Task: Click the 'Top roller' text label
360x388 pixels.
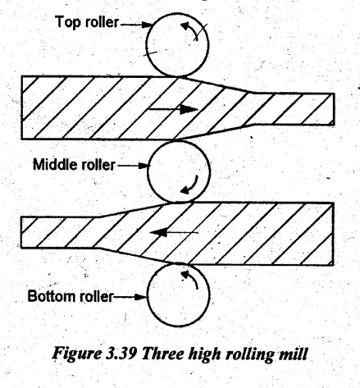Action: click(x=87, y=22)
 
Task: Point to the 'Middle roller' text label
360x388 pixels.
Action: click(x=74, y=165)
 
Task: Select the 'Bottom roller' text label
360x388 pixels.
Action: click(x=71, y=296)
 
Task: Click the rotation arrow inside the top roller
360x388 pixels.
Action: click(x=190, y=30)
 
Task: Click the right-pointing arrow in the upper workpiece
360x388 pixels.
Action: click(x=172, y=109)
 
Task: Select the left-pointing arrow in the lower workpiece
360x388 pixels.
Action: click(x=174, y=233)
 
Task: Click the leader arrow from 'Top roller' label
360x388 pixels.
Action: click(x=136, y=25)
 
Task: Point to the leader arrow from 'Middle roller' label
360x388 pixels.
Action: click(x=133, y=166)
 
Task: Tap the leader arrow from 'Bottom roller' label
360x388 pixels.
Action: click(x=130, y=297)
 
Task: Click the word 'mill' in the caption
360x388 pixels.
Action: click(x=294, y=354)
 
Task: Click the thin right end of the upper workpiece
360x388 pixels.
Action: click(x=334, y=109)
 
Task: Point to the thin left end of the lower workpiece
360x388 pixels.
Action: click(x=21, y=232)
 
